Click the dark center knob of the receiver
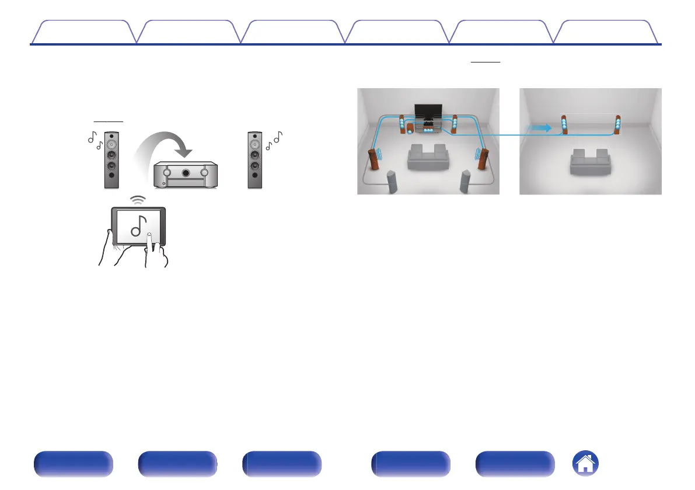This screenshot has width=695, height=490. point(184,173)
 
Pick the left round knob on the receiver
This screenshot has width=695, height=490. point(167,173)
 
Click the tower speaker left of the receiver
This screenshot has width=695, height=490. point(113,161)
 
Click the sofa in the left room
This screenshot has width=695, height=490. point(428,159)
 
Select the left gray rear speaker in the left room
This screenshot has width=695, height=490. point(392,182)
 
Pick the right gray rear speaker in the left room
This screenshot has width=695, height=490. point(465,182)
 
